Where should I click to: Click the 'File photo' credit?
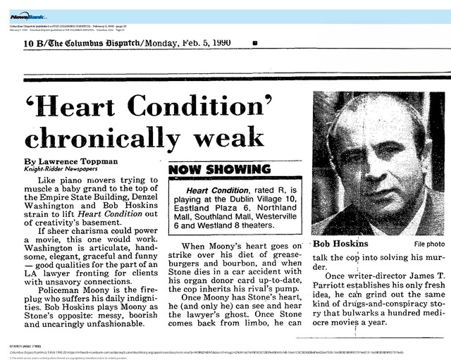pos(420,244)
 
